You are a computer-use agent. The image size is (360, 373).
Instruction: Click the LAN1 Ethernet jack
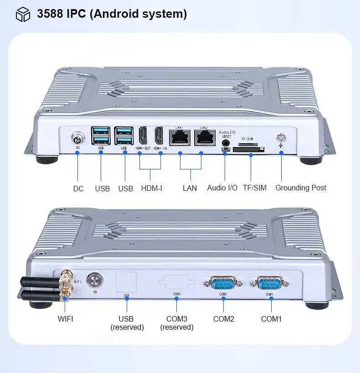pyautogui.click(x=180, y=136)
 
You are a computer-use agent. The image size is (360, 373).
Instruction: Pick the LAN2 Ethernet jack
pyautogui.click(x=204, y=136)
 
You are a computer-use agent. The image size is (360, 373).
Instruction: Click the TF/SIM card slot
pyautogui.click(x=249, y=148)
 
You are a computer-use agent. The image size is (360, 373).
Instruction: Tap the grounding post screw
pyautogui.click(x=282, y=138)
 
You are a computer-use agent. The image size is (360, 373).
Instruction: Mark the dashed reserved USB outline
pyautogui.click(x=126, y=282)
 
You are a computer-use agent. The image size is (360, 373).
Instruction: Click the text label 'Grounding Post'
pyautogui.click(x=301, y=188)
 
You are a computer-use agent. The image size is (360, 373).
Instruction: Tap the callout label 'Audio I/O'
pyautogui.click(x=222, y=188)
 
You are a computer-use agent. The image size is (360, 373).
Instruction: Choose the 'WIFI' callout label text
pyautogui.click(x=66, y=319)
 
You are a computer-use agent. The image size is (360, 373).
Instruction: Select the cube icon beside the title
pyautogui.click(x=23, y=15)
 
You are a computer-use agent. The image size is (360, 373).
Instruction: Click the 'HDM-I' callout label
pyautogui.click(x=151, y=188)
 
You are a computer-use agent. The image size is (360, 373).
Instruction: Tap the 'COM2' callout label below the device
pyautogui.click(x=224, y=319)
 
